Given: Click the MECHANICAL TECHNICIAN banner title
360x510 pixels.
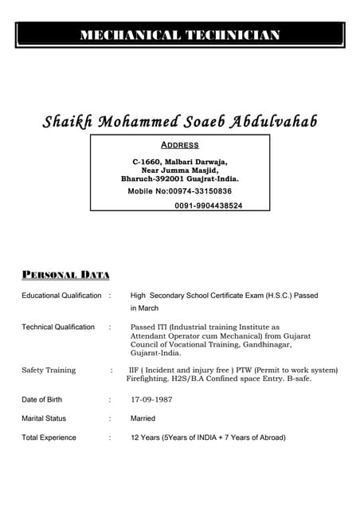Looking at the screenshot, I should [179, 35].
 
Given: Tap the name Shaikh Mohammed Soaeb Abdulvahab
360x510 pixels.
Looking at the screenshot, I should [179, 122].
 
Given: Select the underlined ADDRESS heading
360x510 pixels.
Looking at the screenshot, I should [179, 145].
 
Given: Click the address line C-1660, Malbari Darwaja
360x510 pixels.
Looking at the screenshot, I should [179, 162].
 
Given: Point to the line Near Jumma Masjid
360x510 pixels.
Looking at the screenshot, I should [179, 171].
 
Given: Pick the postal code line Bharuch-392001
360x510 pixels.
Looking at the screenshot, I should [179, 179].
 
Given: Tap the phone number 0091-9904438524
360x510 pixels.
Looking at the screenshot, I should [209, 206].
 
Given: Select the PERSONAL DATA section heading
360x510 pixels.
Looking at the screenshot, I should [65, 275].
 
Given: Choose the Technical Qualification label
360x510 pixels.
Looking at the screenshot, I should [58, 327].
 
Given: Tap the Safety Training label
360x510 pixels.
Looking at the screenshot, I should [49, 371].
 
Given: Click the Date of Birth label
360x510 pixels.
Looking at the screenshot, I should [41, 399].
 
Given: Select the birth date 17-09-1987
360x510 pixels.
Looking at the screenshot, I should [151, 399].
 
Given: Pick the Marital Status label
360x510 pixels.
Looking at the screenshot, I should [44, 418].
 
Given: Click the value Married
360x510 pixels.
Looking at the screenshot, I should [143, 418].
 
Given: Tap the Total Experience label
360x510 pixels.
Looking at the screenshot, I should [49, 437].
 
